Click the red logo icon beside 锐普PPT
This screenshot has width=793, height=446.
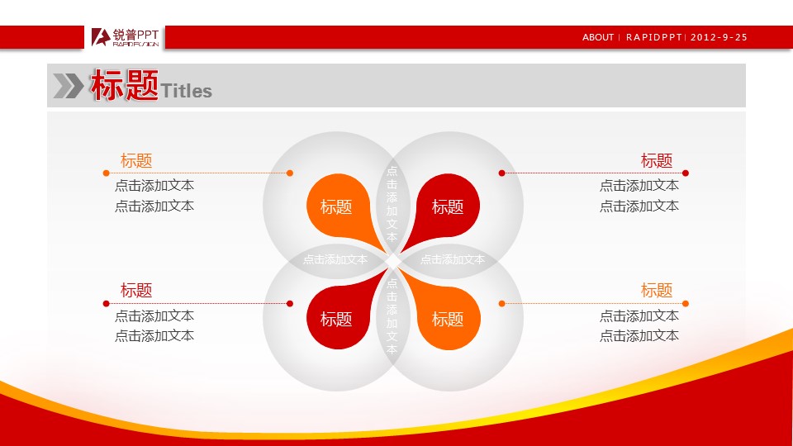pos(101,37)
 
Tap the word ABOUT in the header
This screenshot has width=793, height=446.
pos(598,37)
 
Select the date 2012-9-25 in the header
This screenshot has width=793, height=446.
pos(719,37)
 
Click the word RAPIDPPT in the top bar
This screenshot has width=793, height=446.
pos(654,37)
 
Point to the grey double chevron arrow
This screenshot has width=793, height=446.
pos(69,85)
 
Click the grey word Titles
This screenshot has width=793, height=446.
pos(186,91)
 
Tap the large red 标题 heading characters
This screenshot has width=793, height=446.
pos(125,85)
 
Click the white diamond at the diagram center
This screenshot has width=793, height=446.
pos(393,262)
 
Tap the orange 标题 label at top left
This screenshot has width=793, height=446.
pos(136,160)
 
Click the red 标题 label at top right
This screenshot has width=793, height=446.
pos(657,160)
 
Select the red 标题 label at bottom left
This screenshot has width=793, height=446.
pos(136,290)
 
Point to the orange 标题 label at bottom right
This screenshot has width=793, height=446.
pos(657,290)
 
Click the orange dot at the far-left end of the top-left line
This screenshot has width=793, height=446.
pos(107,173)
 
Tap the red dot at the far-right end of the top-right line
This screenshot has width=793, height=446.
pos(686,173)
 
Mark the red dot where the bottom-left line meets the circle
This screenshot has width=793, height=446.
pos(290,303)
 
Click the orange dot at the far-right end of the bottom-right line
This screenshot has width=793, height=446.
pos(686,303)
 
